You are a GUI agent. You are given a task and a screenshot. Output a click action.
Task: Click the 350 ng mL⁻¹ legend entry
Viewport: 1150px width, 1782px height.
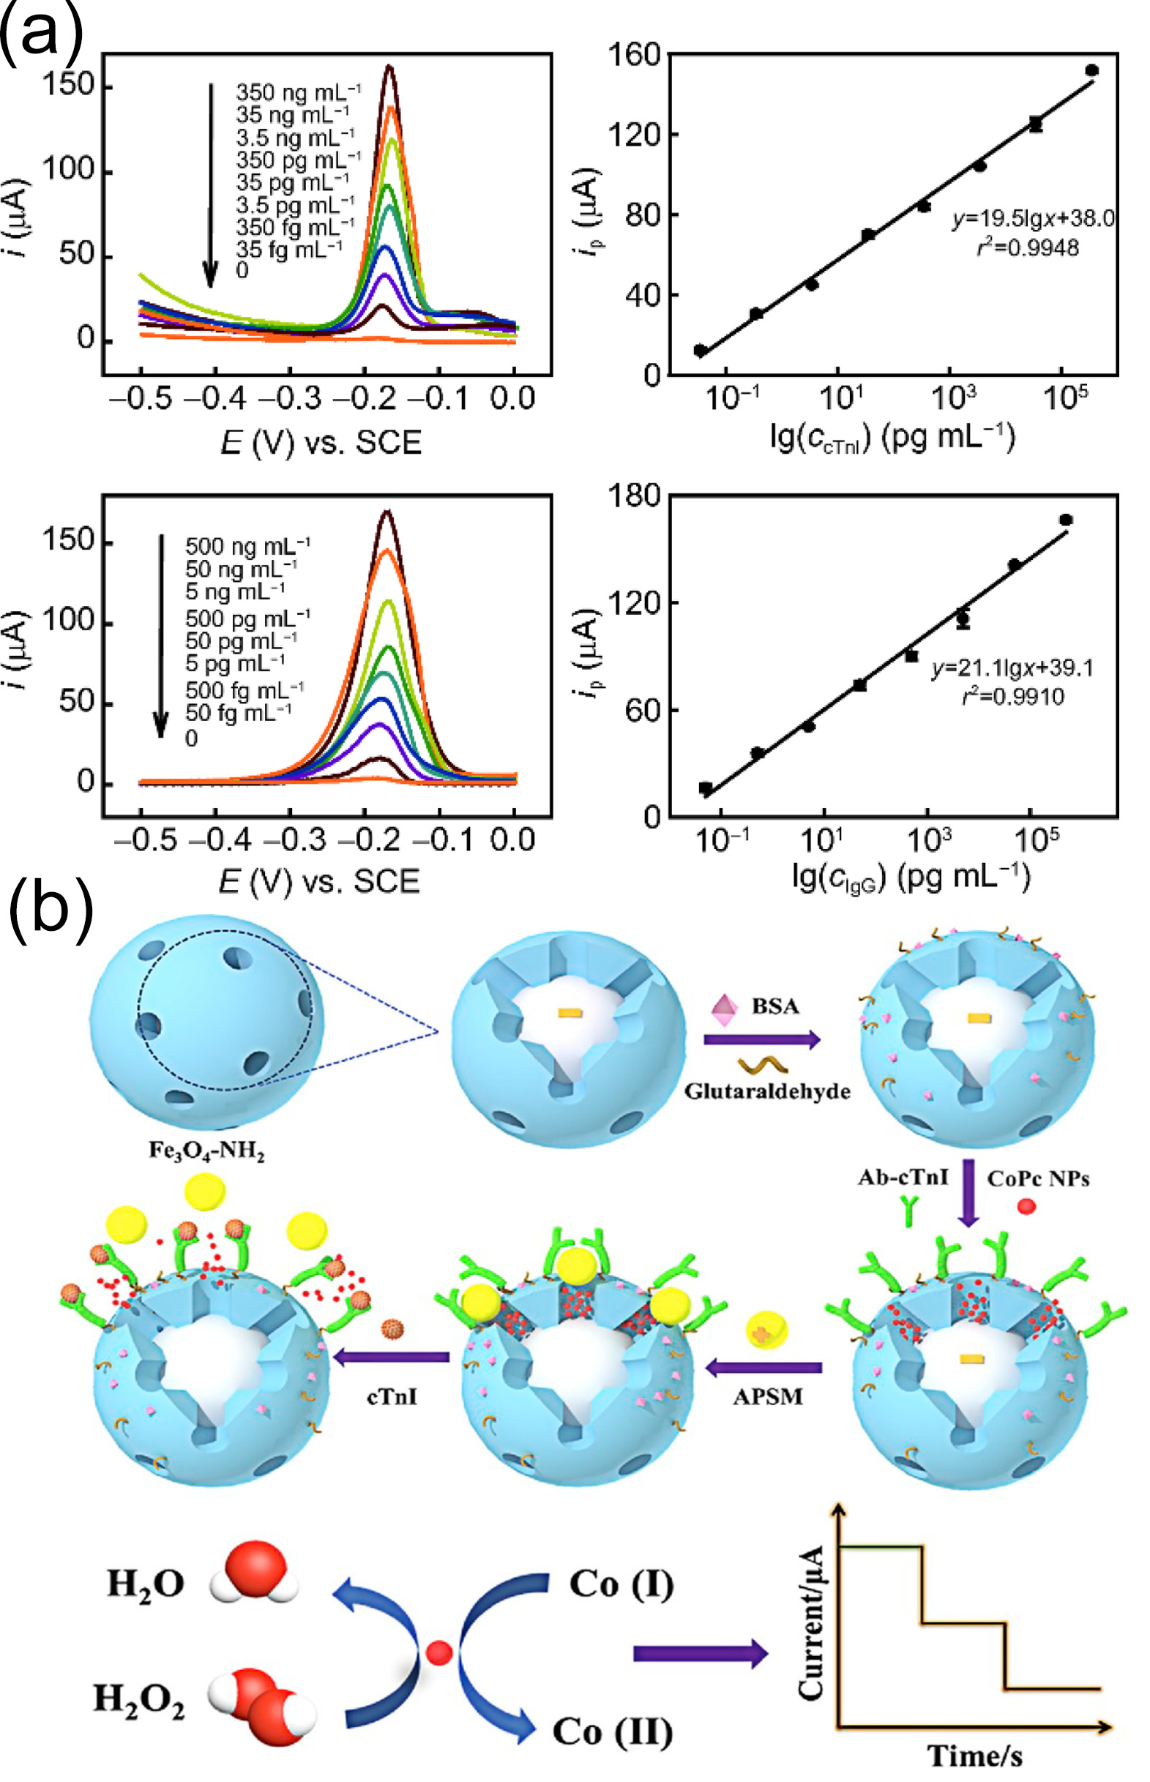click(298, 92)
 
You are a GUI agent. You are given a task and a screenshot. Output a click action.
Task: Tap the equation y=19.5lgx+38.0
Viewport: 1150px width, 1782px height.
click(1033, 219)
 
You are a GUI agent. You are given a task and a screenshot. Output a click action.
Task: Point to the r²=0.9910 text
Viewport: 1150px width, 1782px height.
click(1012, 697)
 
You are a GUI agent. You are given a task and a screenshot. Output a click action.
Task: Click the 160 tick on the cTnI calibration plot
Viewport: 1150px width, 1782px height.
click(634, 53)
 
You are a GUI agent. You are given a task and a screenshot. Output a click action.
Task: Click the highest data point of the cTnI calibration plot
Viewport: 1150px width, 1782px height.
click(1091, 70)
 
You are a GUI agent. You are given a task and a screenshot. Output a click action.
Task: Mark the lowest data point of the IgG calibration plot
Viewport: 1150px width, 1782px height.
click(706, 788)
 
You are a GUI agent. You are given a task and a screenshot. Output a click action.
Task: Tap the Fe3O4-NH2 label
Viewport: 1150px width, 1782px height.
click(207, 1150)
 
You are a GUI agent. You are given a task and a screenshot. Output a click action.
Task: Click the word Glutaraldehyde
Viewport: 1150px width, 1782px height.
click(767, 1091)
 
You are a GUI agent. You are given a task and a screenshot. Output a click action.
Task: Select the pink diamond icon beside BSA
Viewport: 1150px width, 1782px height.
click(725, 1008)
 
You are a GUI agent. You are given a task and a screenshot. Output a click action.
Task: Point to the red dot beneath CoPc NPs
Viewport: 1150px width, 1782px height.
click(1026, 1205)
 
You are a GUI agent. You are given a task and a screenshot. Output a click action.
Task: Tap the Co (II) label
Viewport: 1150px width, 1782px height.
click(613, 1732)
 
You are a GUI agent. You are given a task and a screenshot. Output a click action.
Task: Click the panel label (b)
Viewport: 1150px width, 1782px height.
click(50, 908)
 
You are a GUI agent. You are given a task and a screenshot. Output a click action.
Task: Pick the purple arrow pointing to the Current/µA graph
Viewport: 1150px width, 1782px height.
click(700, 1654)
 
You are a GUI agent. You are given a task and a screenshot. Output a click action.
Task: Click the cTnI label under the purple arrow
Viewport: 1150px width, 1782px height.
click(392, 1396)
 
